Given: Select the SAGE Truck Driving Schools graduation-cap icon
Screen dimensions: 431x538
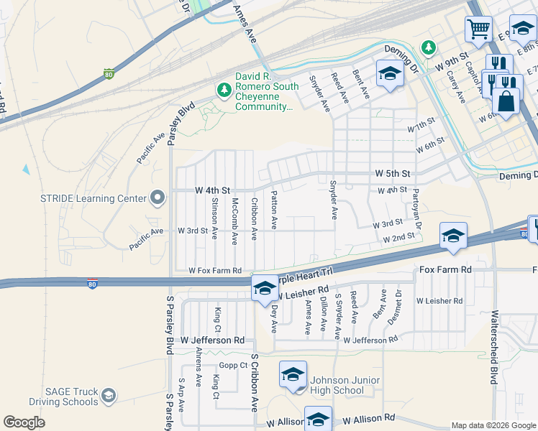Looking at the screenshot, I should pyautogui.click(x=108, y=396).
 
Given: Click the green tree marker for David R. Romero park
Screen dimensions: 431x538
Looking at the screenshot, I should pyautogui.click(x=224, y=90).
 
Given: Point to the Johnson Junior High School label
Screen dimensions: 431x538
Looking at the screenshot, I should pyautogui.click(x=337, y=385).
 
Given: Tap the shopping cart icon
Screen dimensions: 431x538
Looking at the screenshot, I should pyautogui.click(x=478, y=30).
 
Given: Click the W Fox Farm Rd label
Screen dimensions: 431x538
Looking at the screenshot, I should pyautogui.click(x=215, y=271).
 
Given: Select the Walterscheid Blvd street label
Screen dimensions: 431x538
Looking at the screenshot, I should pyautogui.click(x=493, y=347).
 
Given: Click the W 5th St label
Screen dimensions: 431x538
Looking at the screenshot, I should pyautogui.click(x=393, y=174).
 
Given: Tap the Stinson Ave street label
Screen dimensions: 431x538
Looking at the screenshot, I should pyautogui.click(x=214, y=221).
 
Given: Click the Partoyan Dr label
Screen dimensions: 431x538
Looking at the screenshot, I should pyautogui.click(x=415, y=205).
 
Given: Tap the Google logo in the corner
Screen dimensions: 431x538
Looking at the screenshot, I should pyautogui.click(x=24, y=422).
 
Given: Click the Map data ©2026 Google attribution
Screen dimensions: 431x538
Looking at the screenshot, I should pyautogui.click(x=493, y=425).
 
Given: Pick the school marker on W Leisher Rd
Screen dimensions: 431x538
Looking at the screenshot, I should pyautogui.click(x=264, y=288).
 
